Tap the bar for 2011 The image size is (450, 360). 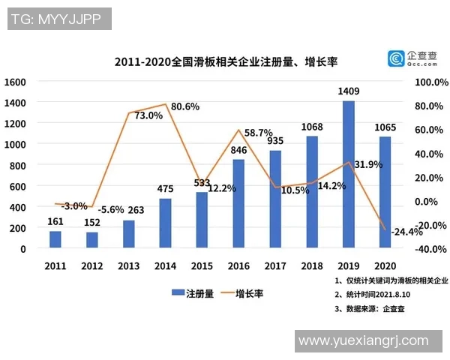(55, 239)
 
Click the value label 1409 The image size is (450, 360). (349, 91)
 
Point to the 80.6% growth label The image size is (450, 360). (184, 106)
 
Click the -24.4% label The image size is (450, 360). (406, 230)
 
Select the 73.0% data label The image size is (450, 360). (148, 115)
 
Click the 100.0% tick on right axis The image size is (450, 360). (430, 81)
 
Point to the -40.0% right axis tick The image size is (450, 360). (430, 249)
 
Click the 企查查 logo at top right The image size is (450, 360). (412, 58)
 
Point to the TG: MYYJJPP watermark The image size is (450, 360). (57, 19)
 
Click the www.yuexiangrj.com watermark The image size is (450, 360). (363, 341)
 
